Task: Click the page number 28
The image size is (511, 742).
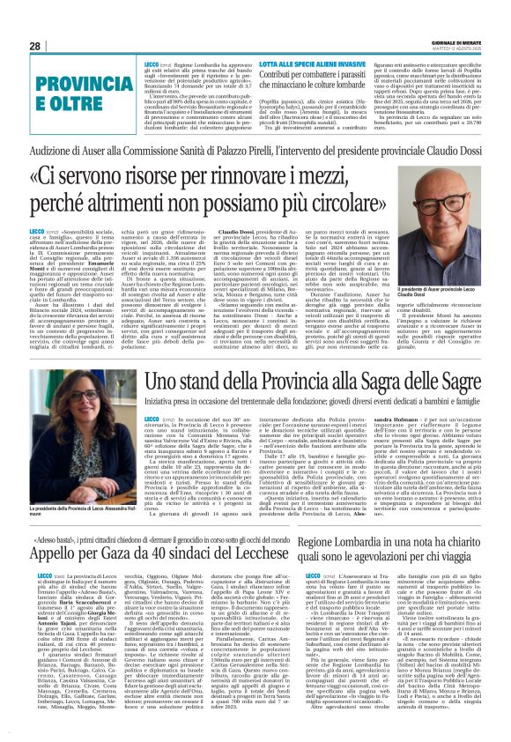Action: [x=34, y=46]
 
